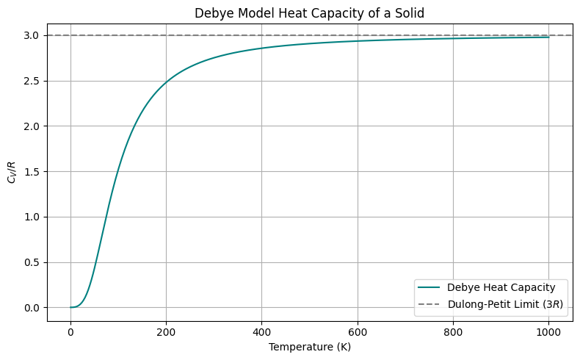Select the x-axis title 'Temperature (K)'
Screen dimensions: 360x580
309,346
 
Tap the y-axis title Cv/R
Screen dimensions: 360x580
11,171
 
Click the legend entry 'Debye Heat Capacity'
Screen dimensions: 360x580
492,287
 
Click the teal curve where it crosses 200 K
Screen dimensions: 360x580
166,82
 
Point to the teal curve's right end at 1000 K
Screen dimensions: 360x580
549,37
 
